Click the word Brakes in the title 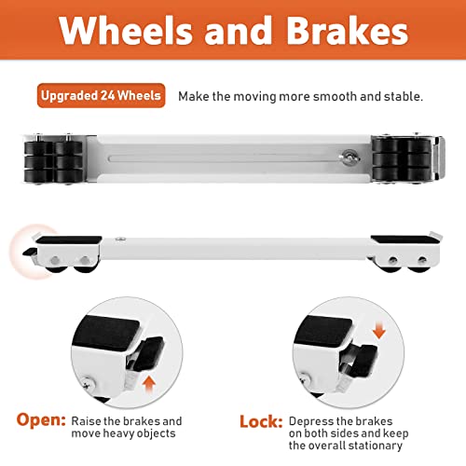347,32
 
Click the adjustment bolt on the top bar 347,158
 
